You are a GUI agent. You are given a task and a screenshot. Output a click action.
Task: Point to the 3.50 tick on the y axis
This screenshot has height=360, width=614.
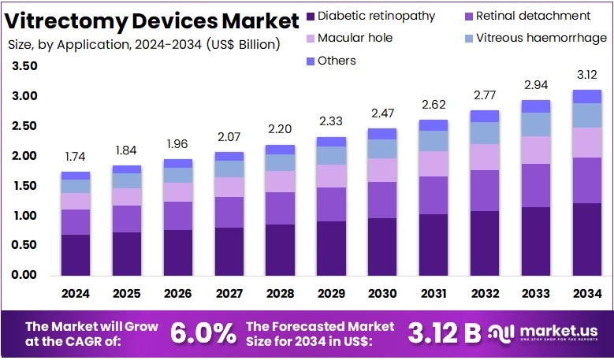click(x=24, y=67)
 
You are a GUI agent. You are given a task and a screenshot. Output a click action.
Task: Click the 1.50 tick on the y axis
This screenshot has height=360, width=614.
click(x=24, y=186)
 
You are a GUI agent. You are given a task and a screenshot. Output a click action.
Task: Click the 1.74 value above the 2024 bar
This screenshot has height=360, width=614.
click(x=76, y=158)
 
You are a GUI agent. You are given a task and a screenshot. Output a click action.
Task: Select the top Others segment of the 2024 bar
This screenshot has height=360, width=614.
click(x=76, y=175)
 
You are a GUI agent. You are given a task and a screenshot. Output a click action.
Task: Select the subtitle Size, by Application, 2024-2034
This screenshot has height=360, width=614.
click(x=143, y=44)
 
